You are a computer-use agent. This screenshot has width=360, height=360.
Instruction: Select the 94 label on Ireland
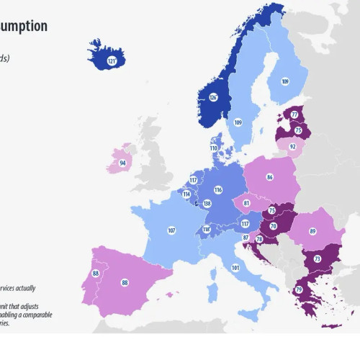click(x=122, y=163)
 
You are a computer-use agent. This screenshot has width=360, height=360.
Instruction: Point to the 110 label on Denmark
click(x=214, y=148)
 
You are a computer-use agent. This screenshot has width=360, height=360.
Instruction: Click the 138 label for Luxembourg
click(x=207, y=204)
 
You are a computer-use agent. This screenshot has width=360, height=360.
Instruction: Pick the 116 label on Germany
click(x=217, y=190)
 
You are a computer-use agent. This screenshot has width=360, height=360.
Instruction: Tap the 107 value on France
click(x=171, y=230)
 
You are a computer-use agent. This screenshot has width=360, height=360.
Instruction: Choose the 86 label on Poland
click(x=269, y=176)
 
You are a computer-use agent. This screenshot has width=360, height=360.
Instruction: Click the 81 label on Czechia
click(x=247, y=203)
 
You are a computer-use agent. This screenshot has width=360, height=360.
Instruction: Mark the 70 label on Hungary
click(x=274, y=226)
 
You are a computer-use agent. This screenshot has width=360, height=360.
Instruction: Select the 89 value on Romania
click(x=312, y=231)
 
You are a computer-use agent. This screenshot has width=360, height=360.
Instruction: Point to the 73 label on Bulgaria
click(x=317, y=259)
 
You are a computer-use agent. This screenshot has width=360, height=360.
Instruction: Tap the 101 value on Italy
click(x=235, y=268)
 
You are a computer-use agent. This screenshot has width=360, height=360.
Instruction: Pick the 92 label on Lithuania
click(x=292, y=146)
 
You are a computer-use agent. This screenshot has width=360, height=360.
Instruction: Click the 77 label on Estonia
click(x=294, y=114)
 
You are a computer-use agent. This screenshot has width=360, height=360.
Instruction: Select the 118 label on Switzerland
click(x=207, y=230)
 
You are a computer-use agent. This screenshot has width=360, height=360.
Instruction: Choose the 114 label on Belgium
click(x=186, y=194)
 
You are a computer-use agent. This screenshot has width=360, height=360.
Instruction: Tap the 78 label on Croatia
click(x=259, y=239)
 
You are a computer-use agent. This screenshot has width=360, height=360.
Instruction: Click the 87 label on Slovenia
click(x=246, y=237)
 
